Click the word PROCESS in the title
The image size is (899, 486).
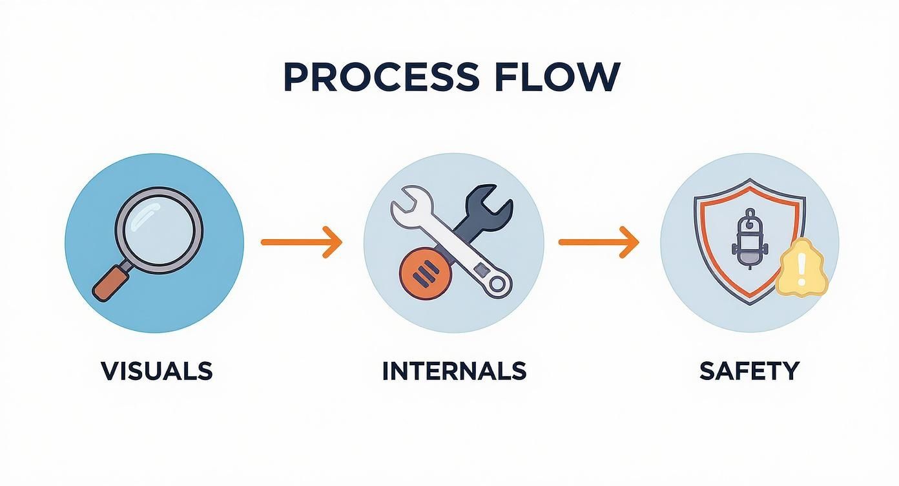click(x=380, y=78)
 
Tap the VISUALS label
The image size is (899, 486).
click(x=157, y=371)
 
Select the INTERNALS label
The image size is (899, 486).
click(x=454, y=371)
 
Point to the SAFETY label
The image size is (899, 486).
click(x=749, y=371)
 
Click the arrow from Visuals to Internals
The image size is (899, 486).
click(x=301, y=242)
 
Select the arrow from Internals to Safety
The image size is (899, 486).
click(x=598, y=242)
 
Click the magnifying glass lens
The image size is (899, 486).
click(x=159, y=230)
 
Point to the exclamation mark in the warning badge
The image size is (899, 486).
click(x=801, y=267)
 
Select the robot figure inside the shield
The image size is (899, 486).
click(x=749, y=239)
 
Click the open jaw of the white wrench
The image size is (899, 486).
click(x=408, y=203)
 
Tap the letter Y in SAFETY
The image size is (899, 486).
click(x=790, y=371)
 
